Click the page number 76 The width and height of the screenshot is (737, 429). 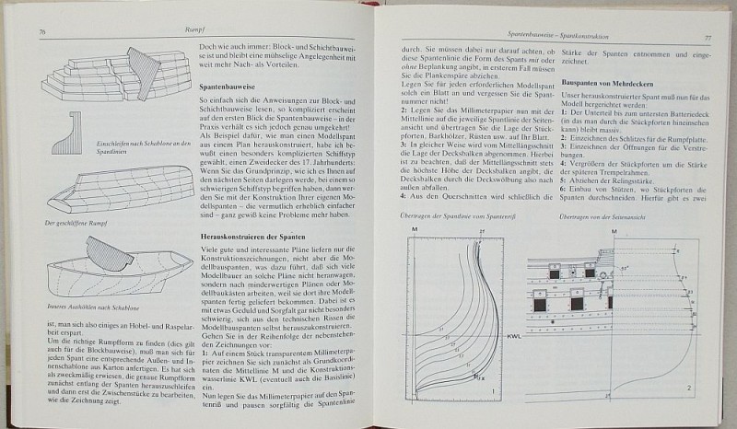(43, 34)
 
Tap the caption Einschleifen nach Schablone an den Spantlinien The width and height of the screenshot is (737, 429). (92, 149)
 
